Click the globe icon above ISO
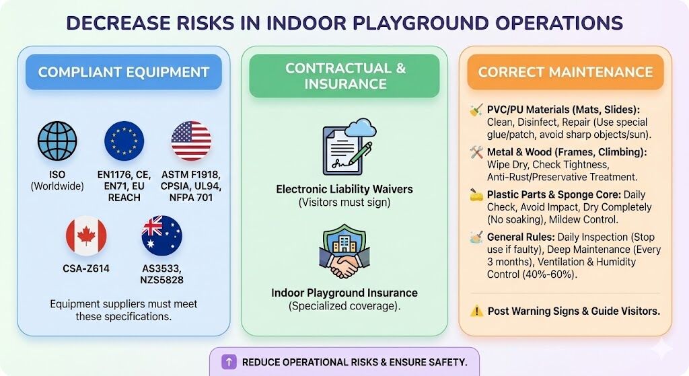57,141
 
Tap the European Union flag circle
124,141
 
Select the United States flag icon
191,141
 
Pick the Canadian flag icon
86,236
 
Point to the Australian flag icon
161,236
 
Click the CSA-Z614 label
86,268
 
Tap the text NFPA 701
191,198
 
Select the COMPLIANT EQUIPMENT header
124,72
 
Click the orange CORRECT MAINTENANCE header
565,72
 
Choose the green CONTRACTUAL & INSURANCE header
345,76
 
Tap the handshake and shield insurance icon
344,252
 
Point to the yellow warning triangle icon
476,311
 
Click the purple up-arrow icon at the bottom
229,362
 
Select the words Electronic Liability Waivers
344,189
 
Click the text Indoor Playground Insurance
344,293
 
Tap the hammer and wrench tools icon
476,152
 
